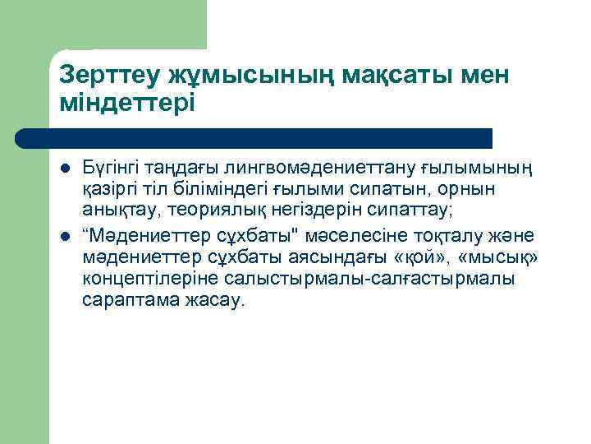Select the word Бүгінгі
[111, 169]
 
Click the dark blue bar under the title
[254, 137]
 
